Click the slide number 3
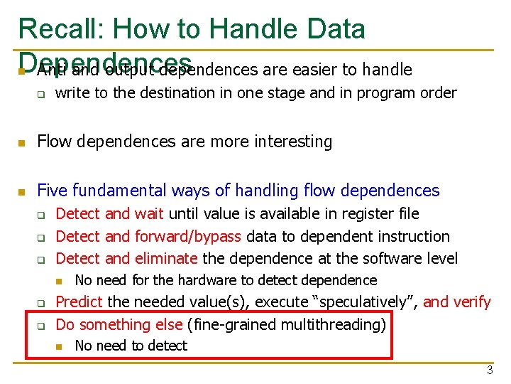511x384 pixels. click(x=489, y=370)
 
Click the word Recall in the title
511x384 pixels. click(x=60, y=28)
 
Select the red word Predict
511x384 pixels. click(x=79, y=302)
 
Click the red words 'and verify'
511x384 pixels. click(x=457, y=302)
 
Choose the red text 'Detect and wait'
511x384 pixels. click(x=109, y=213)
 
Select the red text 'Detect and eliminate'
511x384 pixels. click(x=126, y=259)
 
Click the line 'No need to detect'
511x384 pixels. click(x=131, y=346)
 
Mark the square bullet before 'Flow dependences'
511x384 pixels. click(x=22, y=143)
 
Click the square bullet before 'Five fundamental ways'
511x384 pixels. click(x=22, y=191)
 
